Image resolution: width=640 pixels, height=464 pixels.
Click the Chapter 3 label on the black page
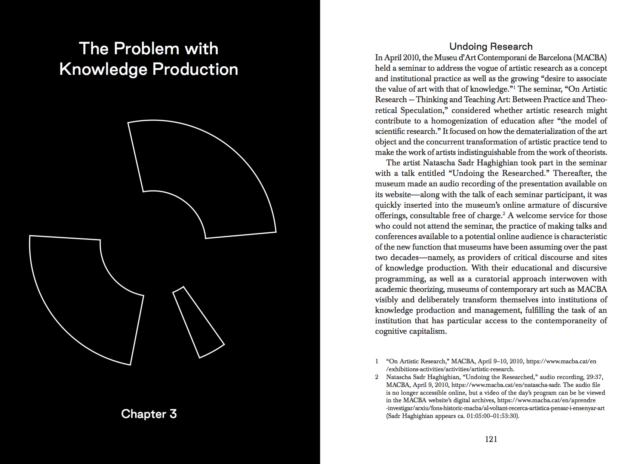(x=149, y=414)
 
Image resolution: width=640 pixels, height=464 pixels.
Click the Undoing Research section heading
(x=490, y=46)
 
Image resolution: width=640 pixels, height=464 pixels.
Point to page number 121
(x=491, y=439)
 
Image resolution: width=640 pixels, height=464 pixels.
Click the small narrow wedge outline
(x=198, y=322)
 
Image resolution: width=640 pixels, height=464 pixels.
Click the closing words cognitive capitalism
(x=411, y=332)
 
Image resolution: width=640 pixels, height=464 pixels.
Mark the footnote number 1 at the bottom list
(x=377, y=361)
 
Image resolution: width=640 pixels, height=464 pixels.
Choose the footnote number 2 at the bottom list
(x=377, y=377)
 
